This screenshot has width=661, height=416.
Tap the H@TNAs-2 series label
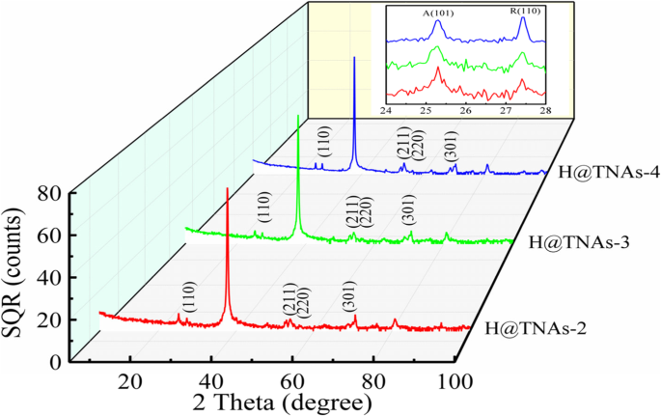531,327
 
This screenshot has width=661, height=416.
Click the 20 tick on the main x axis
130,378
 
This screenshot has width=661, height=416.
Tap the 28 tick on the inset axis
546,110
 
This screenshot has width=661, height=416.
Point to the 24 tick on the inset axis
386,110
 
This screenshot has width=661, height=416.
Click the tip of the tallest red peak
227,188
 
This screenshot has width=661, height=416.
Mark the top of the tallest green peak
298,117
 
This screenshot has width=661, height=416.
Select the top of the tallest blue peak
354,58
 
